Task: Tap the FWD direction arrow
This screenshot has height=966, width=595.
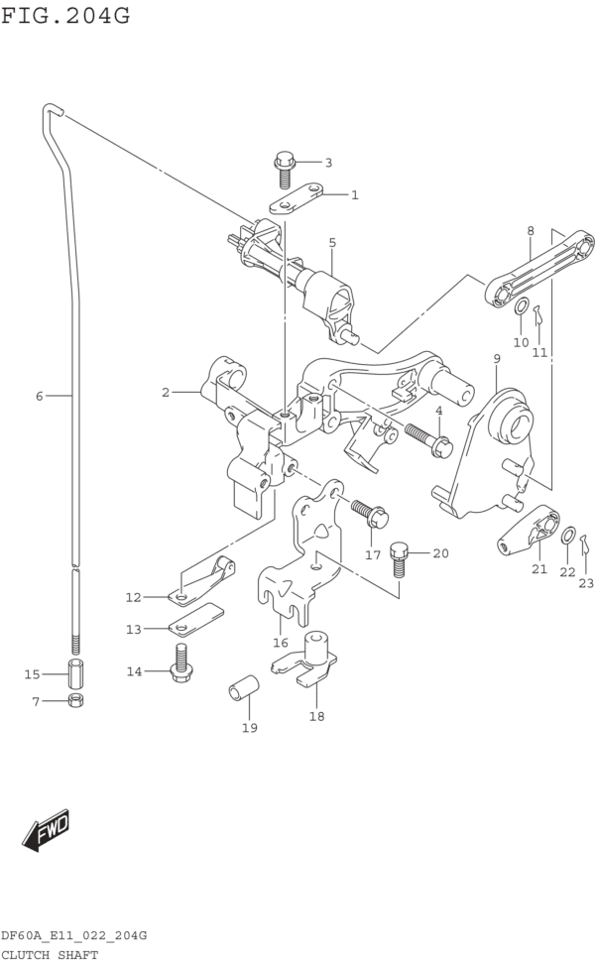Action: [47, 830]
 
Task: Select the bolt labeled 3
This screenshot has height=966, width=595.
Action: [285, 170]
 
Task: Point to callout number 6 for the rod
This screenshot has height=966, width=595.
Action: [40, 397]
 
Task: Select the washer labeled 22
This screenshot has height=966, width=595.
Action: [567, 537]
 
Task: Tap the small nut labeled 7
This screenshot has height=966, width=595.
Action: [75, 701]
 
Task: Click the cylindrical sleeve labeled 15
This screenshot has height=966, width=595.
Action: [75, 673]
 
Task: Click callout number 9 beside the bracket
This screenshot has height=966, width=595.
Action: [496, 358]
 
